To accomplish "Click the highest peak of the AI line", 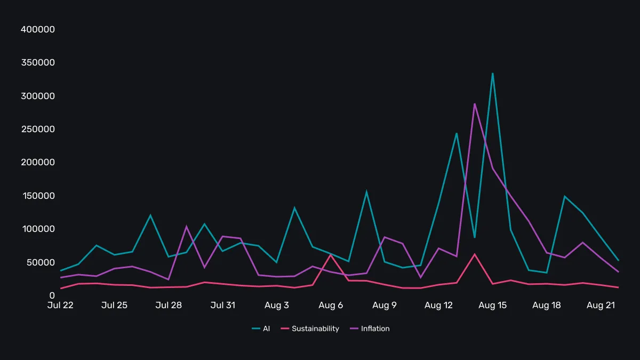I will click(x=492, y=73).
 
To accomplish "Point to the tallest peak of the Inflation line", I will click(x=474, y=103).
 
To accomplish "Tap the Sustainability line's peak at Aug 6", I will click(x=331, y=254).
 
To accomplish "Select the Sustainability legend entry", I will click(x=310, y=329).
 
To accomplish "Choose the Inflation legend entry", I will click(x=370, y=329).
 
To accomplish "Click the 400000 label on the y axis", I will click(x=38, y=29).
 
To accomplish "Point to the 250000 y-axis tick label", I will click(x=38, y=129).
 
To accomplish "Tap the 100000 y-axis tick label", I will click(x=38, y=229).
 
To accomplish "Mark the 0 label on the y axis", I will click(x=52, y=295).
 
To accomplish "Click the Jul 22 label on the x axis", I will click(x=60, y=305).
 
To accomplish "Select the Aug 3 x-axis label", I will click(x=277, y=305).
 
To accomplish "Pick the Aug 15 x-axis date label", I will click(x=492, y=305).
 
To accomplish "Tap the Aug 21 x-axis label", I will click(x=600, y=305).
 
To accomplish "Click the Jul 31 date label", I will click(x=222, y=305).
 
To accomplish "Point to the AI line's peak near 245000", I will click(x=457, y=133).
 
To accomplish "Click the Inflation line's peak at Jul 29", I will click(x=186, y=226).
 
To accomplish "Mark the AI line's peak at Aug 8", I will click(x=366, y=191).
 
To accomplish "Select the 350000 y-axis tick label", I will click(x=38, y=62).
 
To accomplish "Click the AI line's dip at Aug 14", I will click(x=474, y=237).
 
